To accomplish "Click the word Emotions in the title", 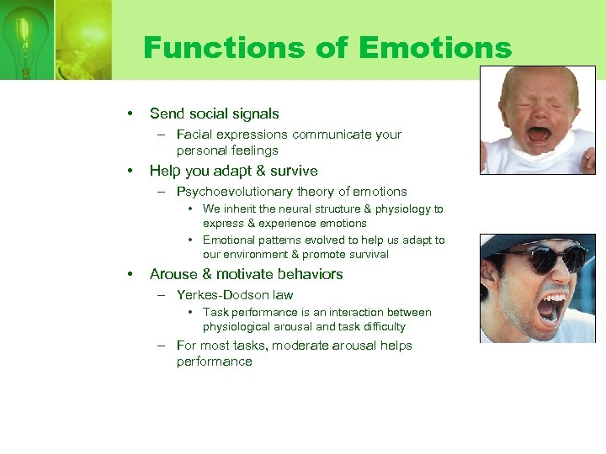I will [x=434, y=48].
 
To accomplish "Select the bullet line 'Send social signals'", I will [x=214, y=113].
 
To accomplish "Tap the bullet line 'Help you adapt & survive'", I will [x=233, y=171].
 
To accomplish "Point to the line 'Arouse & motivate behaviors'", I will [x=246, y=274].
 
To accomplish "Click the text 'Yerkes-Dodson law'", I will [x=235, y=295].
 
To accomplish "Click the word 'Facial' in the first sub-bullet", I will [x=194, y=135].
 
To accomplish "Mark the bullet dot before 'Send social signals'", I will [x=130, y=113].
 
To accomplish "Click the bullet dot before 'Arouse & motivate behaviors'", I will [x=130, y=274].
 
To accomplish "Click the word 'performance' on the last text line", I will [x=214, y=362].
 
